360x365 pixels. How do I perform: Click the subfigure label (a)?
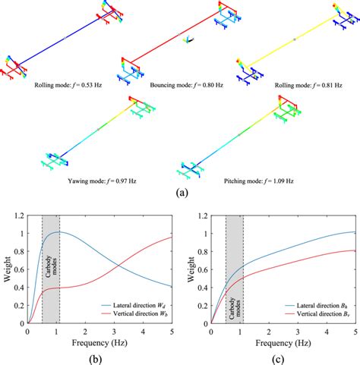coord(180,193)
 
